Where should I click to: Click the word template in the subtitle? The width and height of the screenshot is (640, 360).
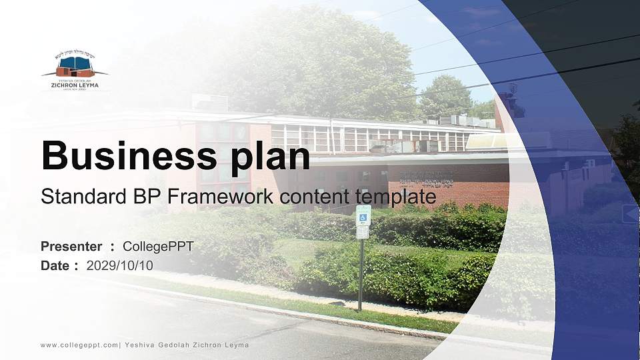tap(396, 197)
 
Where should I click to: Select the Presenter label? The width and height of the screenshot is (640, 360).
tap(71, 247)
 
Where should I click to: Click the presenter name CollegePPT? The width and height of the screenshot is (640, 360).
tap(158, 247)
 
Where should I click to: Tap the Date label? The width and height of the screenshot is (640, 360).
tap(55, 265)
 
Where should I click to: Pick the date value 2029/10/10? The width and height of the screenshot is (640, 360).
tap(119, 265)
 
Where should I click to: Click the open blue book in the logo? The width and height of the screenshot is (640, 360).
tap(75, 64)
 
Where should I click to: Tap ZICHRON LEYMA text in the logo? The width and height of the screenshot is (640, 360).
tap(75, 85)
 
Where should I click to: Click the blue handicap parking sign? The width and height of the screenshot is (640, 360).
tap(363, 214)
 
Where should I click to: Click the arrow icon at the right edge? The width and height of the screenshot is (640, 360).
tap(630, 214)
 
